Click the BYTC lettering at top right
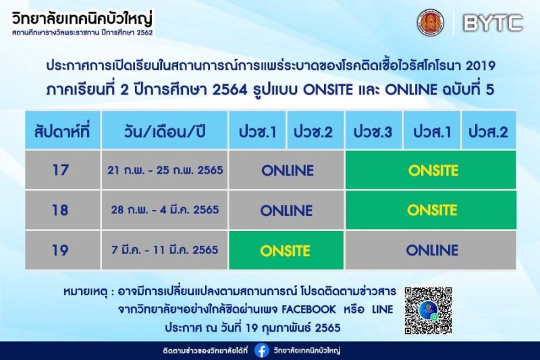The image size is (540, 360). [493, 23]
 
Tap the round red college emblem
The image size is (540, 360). [431, 23]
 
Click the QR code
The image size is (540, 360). [428, 311]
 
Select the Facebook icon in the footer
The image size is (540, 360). [262, 351]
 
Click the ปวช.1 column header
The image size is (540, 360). [257, 130]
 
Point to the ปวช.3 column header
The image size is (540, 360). [373, 130]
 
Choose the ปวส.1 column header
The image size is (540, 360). [432, 130]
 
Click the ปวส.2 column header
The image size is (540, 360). [489, 130]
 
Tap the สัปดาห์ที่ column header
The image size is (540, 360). [63, 130]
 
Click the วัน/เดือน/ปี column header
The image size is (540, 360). [165, 130]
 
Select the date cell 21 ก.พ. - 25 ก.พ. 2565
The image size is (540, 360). [165, 170]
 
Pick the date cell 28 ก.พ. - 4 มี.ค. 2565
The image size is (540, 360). [165, 210]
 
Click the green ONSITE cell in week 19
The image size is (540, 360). [286, 250]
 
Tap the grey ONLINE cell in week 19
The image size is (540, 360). [431, 250]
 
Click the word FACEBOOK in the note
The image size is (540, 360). [308, 309]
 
